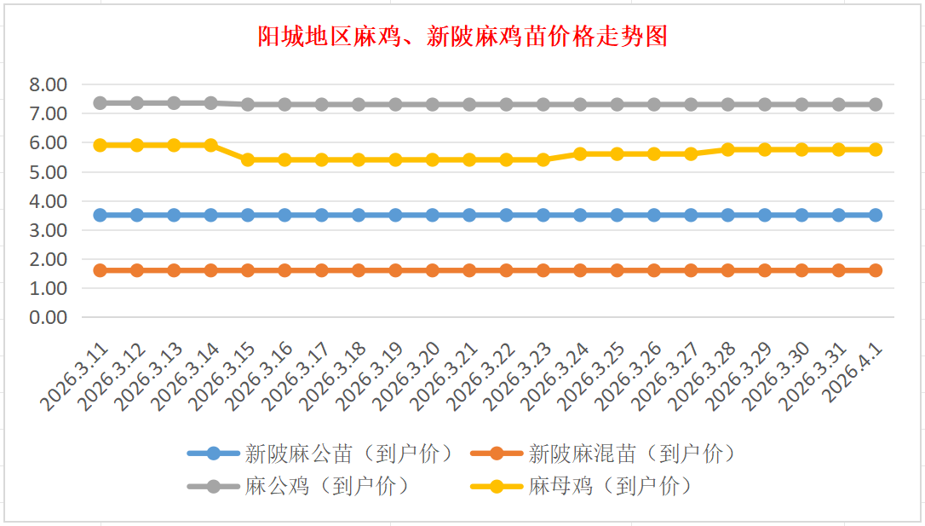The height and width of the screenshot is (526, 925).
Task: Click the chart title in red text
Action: [462, 37]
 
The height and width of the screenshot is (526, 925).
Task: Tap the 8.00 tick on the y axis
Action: [48, 84]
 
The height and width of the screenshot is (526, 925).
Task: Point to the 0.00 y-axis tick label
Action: [48, 317]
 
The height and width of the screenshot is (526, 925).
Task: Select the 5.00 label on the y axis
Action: [48, 172]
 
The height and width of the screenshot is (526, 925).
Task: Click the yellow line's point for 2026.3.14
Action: [210, 145]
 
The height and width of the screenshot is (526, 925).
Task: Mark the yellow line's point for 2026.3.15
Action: [248, 159]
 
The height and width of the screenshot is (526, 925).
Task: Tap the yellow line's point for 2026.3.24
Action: [580, 154]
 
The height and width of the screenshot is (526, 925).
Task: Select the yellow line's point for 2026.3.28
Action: [727, 149]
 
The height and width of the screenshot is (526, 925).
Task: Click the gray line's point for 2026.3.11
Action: [100, 103]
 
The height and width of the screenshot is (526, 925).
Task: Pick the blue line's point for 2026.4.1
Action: [876, 215]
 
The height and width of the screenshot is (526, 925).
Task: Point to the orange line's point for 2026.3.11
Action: [100, 270]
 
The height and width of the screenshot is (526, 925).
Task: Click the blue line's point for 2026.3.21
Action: [469, 215]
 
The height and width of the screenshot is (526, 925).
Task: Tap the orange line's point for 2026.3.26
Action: [654, 270]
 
